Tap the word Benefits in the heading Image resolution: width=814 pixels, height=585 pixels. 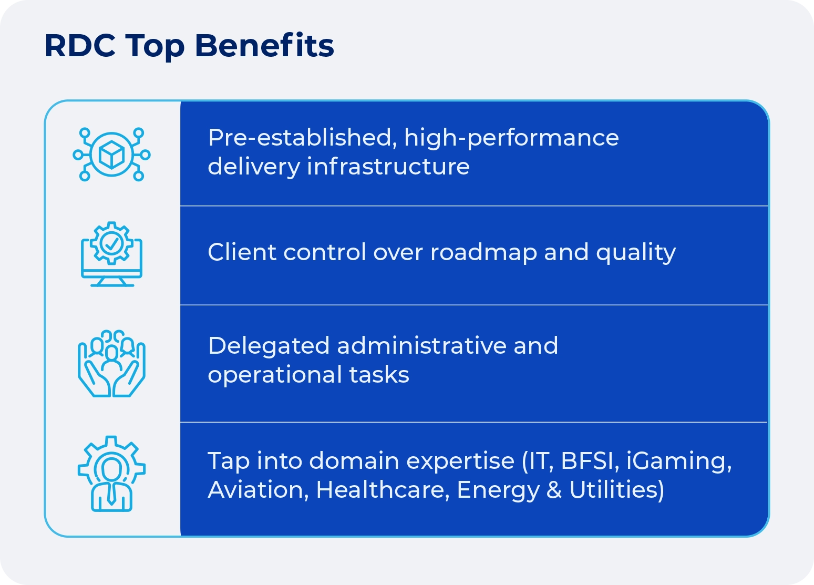click(x=264, y=46)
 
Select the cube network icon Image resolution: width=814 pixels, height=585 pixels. click(x=112, y=155)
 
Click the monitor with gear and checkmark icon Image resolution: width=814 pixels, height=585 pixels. click(x=112, y=254)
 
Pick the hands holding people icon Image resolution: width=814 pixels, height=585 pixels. click(x=112, y=363)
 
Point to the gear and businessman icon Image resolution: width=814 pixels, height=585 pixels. click(x=112, y=474)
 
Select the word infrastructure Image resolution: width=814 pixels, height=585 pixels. click(x=388, y=167)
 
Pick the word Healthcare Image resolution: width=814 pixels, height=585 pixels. click(x=383, y=490)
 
